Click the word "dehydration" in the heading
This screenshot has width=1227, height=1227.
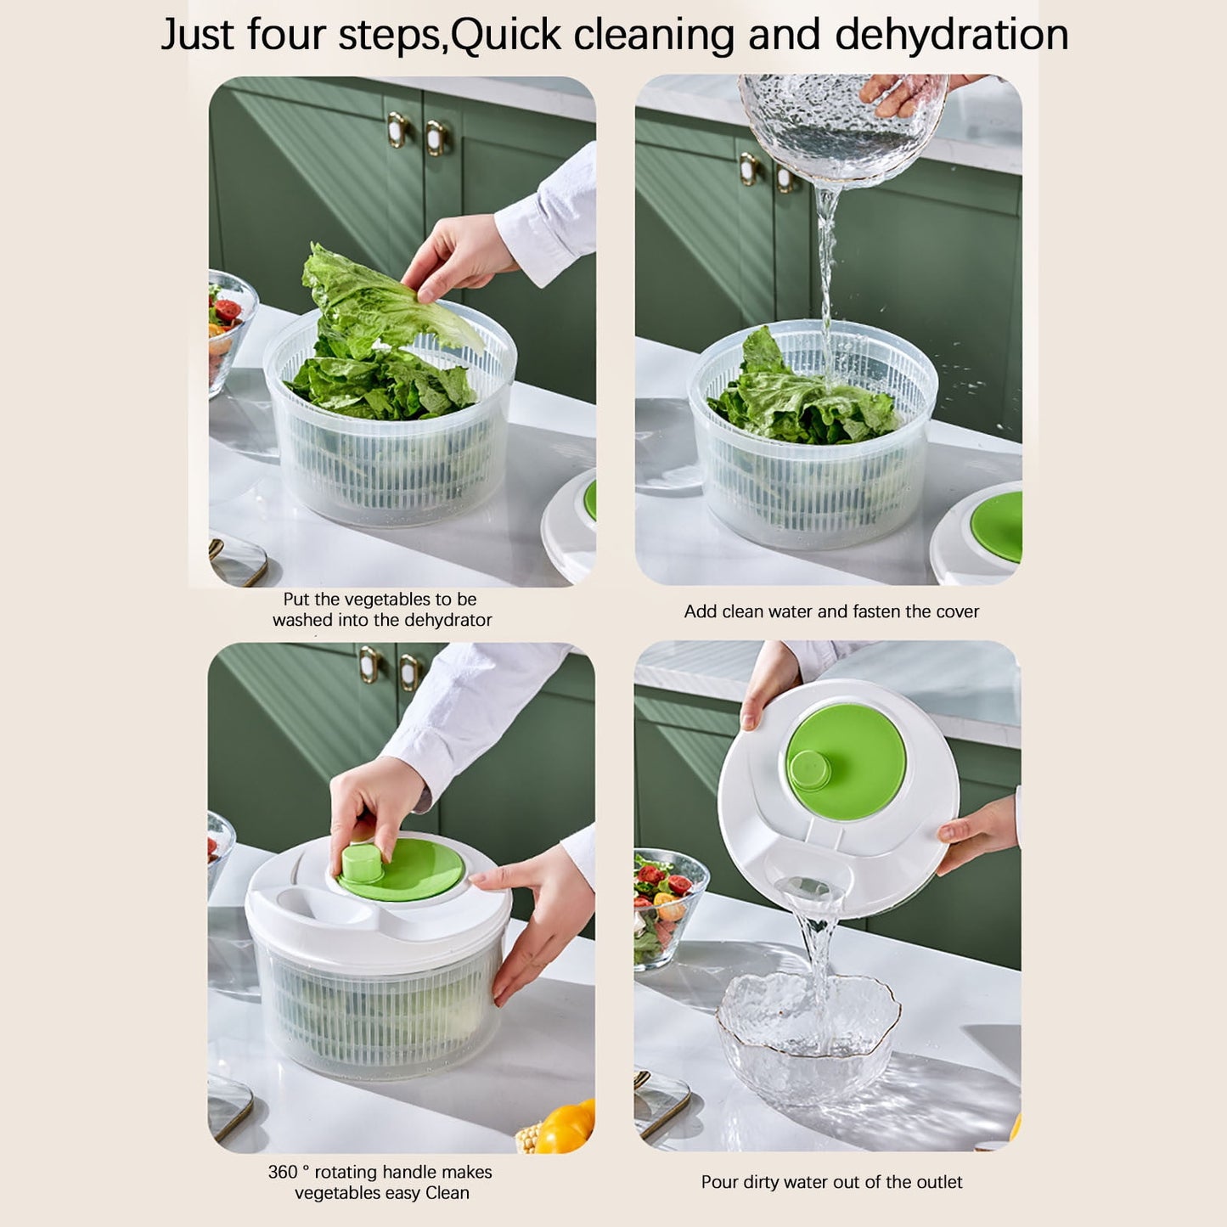coord(951,36)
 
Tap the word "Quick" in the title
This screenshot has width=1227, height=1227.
coord(505,36)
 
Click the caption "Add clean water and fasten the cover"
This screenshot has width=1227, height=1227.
coord(831,611)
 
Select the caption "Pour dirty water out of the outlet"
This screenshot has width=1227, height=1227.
coord(831,1182)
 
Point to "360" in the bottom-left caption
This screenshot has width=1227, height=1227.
coord(282,1172)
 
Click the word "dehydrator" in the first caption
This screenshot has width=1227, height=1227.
coord(447,621)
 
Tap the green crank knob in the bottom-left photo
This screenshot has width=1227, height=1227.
coord(363,863)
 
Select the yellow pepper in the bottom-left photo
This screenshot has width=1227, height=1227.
coord(566,1128)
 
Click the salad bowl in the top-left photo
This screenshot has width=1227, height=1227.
coord(228,327)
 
